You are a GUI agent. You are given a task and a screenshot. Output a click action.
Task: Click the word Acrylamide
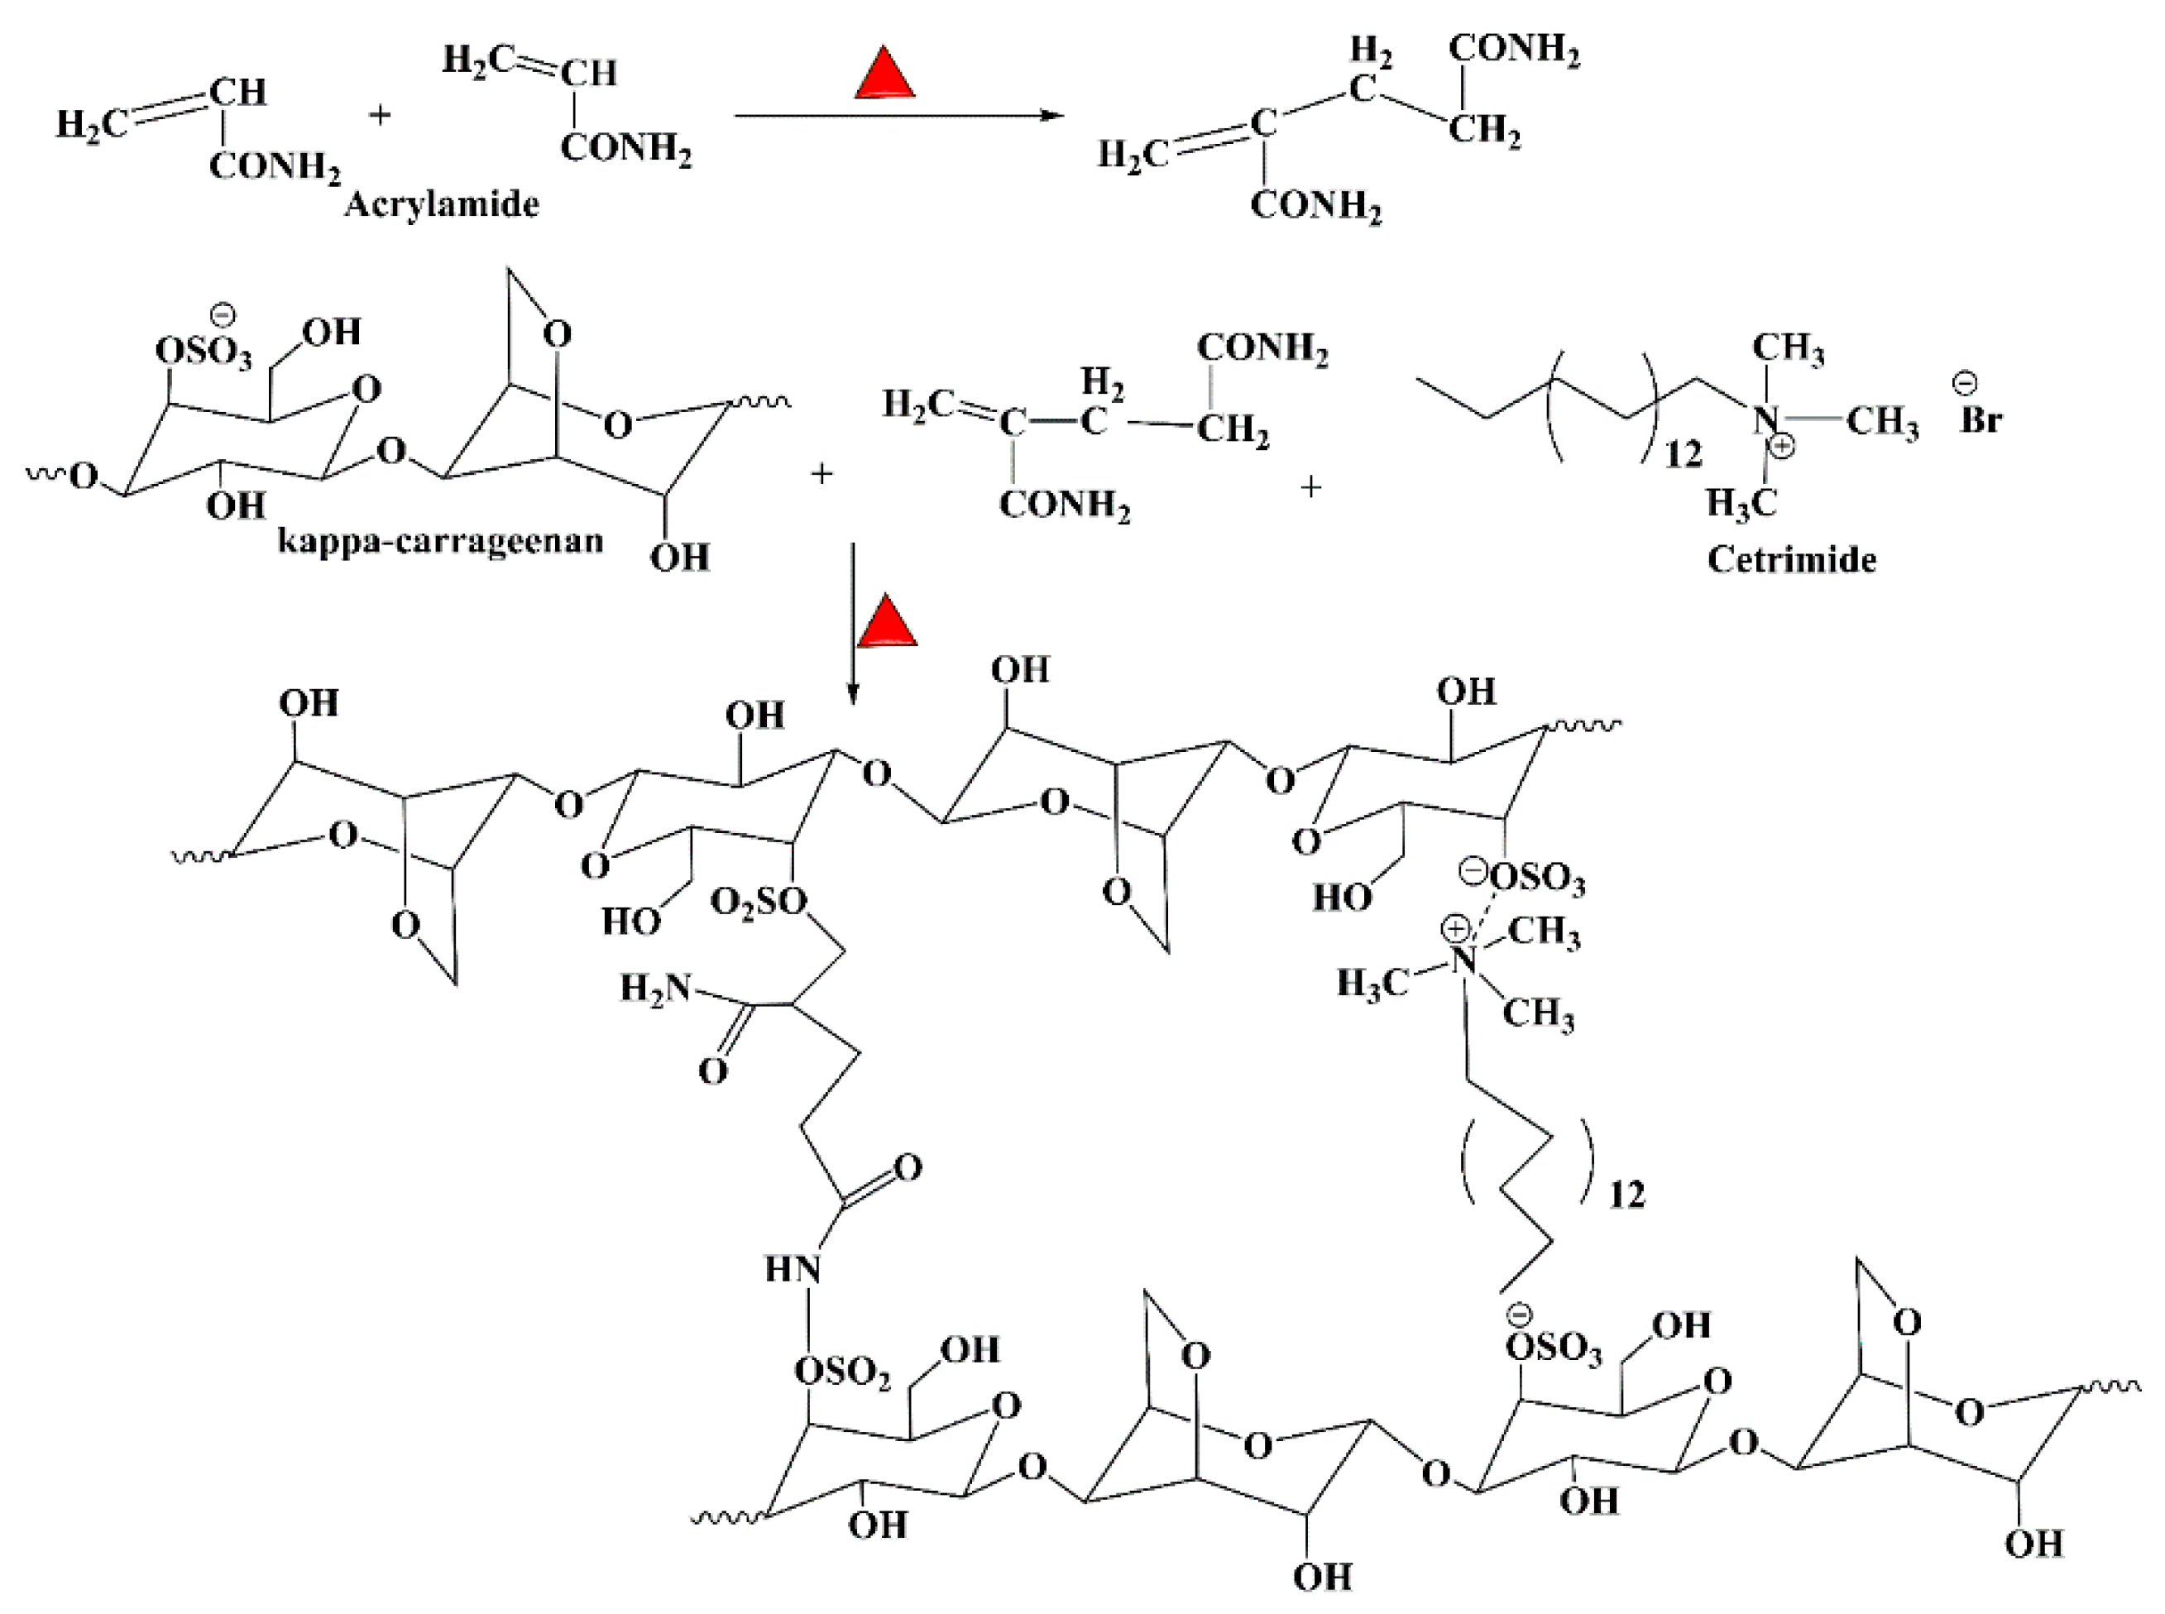coord(442,204)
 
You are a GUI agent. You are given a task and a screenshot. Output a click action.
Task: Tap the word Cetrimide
coord(1791,560)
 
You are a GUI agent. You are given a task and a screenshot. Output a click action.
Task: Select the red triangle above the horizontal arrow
coord(884,75)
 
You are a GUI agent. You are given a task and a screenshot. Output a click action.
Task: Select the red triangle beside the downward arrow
coord(887,623)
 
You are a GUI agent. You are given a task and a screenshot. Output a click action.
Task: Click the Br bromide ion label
coord(1981,419)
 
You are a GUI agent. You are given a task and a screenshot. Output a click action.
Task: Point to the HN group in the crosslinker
coord(792,1269)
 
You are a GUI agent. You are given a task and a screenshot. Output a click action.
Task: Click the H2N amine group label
coord(654,989)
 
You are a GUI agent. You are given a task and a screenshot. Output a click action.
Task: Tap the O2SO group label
coord(758,902)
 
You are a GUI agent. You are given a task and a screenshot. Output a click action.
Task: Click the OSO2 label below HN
coord(842,1372)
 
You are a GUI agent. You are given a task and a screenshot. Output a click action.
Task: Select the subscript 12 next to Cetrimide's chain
coord(1683,454)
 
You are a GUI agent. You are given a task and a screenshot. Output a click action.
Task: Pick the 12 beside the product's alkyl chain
coord(1626,1195)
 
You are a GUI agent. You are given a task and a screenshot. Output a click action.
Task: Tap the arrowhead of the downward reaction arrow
coord(853,695)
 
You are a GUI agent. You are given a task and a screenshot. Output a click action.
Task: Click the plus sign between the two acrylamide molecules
coord(379,115)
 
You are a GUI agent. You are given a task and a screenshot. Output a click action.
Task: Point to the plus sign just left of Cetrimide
coord(1311,486)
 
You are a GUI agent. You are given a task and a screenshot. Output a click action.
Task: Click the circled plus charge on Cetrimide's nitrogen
coord(1782,448)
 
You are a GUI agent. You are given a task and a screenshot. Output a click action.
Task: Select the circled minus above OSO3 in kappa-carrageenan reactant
coord(223,314)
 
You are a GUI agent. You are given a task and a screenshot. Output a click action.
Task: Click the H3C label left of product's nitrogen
coord(1372,983)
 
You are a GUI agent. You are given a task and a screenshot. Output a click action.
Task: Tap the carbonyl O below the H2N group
coord(713,1070)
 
